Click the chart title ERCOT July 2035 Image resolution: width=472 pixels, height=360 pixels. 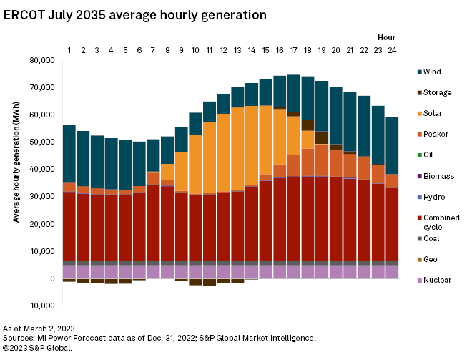135,14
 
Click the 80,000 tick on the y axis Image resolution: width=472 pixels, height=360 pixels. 41,61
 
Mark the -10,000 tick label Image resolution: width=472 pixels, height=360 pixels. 40,306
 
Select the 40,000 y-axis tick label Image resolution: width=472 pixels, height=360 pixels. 41,170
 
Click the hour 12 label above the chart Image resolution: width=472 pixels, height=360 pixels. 223,49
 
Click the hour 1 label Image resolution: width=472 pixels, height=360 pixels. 69,49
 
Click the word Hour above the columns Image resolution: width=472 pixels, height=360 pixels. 386,37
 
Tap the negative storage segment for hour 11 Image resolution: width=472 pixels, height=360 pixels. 210,282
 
